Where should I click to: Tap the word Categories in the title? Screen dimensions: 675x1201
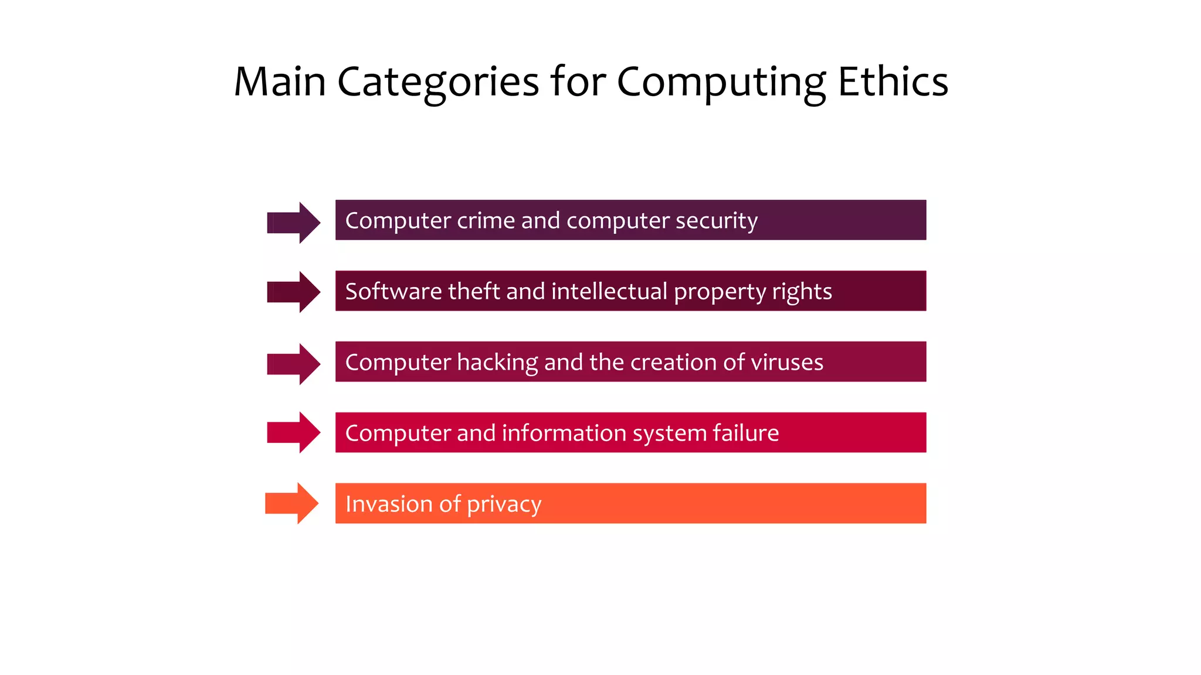(437, 82)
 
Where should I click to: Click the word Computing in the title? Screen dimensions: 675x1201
(721, 82)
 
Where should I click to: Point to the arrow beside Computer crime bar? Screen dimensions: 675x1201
(293, 223)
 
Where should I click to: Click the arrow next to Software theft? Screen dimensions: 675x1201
(293, 292)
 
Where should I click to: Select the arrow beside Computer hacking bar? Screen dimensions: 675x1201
(293, 364)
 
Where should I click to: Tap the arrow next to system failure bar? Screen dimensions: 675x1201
(293, 432)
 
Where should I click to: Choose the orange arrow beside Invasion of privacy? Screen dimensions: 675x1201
(291, 503)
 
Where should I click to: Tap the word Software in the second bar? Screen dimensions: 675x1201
(393, 291)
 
